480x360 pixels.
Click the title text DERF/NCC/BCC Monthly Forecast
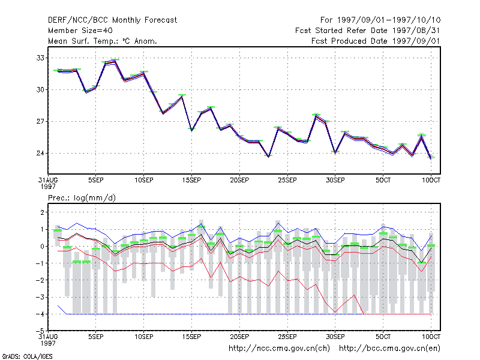click(112, 20)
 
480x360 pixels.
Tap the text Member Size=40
click(80, 31)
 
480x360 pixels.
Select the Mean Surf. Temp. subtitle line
click(103, 41)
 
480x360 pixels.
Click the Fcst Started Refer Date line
click(368, 31)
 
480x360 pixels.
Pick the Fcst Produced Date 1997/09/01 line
click(376, 41)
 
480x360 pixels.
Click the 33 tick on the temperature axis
click(40, 58)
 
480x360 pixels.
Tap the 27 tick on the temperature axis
click(40, 122)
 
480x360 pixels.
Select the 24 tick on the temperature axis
click(40, 153)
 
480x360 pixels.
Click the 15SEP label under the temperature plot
click(191, 180)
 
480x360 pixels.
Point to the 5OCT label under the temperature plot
click(383, 180)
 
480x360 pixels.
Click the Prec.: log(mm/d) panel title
click(82, 198)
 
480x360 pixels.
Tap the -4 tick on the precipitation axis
click(40, 314)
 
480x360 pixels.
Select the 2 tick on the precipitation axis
click(42, 212)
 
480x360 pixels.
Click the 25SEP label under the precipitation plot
click(287, 337)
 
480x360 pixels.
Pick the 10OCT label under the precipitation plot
click(431, 337)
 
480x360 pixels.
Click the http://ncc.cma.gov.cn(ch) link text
click(279, 349)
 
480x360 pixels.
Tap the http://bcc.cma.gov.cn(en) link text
click(389, 349)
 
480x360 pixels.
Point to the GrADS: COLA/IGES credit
click(27, 356)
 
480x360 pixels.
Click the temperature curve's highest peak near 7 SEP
click(115, 61)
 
